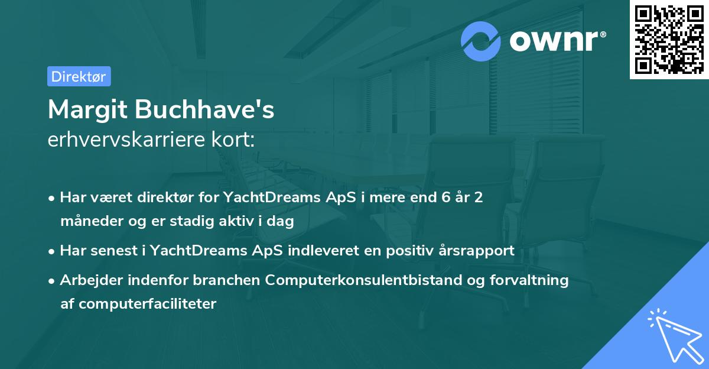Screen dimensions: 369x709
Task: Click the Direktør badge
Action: tap(79, 76)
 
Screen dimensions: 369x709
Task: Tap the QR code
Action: tap(669, 39)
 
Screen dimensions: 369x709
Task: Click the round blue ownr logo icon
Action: tap(481, 41)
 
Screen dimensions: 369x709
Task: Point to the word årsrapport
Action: tap(478, 251)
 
